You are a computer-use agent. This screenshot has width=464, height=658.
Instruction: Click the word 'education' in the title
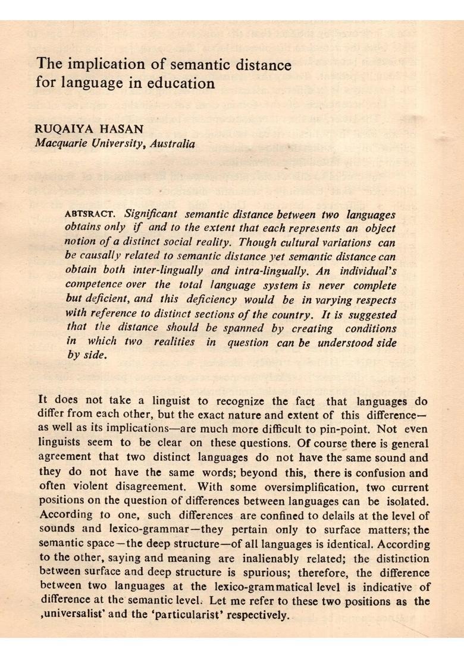184,83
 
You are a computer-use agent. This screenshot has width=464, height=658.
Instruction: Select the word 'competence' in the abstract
93,286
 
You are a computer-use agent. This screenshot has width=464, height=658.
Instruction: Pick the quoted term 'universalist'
72,615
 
